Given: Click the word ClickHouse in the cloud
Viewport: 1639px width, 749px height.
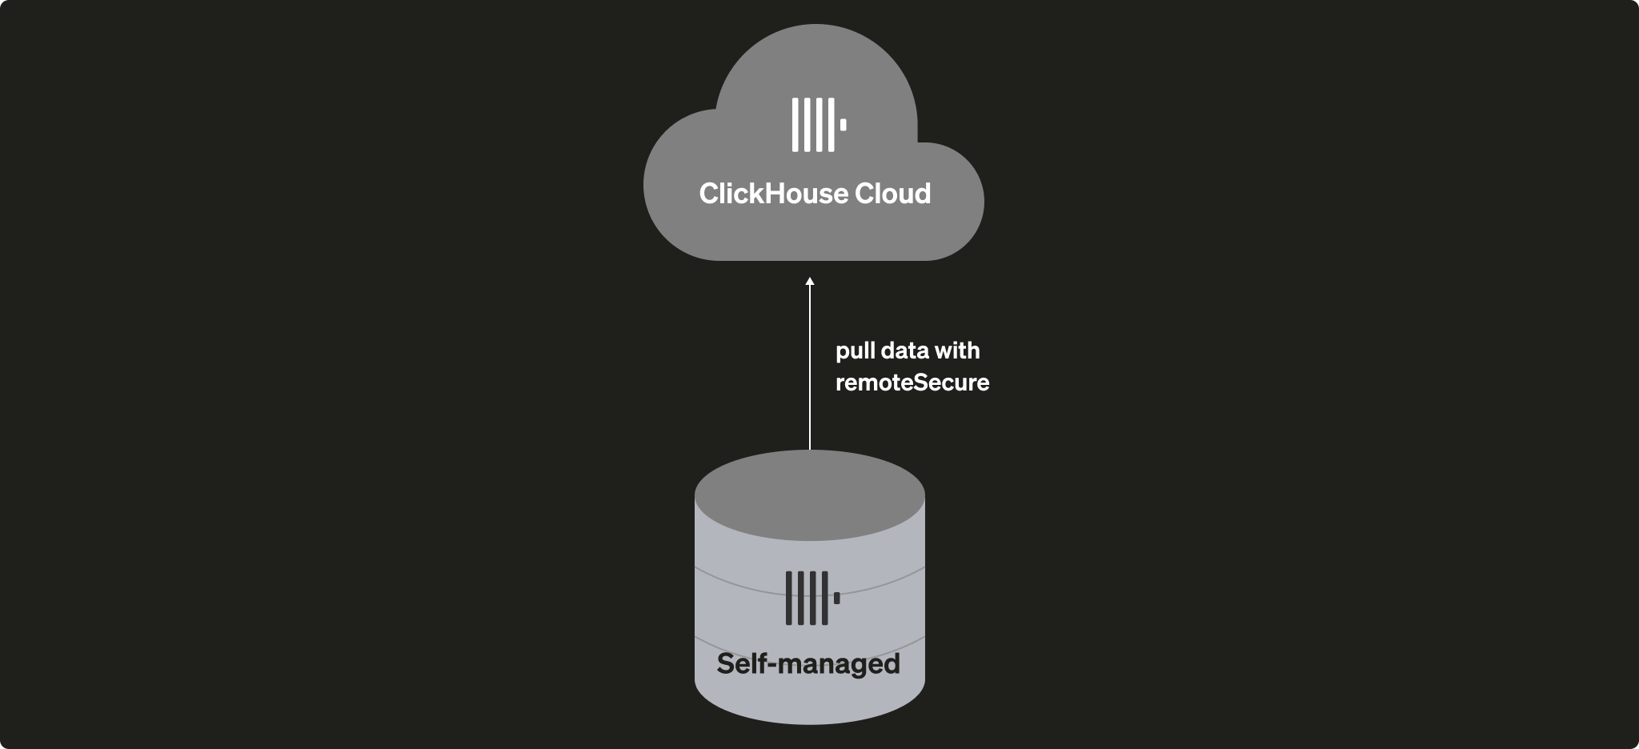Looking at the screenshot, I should tap(761, 194).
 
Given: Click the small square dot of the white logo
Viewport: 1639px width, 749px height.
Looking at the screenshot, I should tap(843, 125).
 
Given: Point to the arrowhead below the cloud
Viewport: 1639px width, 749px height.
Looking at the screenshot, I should tap(810, 282).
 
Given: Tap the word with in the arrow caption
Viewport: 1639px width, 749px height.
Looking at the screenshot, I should tap(958, 350).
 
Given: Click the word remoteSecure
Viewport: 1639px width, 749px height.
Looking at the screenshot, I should tap(912, 383).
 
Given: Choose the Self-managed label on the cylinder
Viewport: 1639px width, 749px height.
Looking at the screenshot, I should tap(808, 664).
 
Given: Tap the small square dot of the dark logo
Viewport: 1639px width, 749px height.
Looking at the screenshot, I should tap(837, 598).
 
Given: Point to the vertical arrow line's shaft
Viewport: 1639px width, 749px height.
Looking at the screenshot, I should tap(810, 368).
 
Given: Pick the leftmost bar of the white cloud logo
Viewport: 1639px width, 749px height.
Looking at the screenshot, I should tap(795, 125).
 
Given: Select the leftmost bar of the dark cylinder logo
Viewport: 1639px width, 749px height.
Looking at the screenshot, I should tap(789, 598).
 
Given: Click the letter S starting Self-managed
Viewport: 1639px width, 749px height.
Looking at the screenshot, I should tap(726, 664).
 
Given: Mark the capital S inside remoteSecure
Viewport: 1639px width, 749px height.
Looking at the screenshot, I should tap(923, 383).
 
